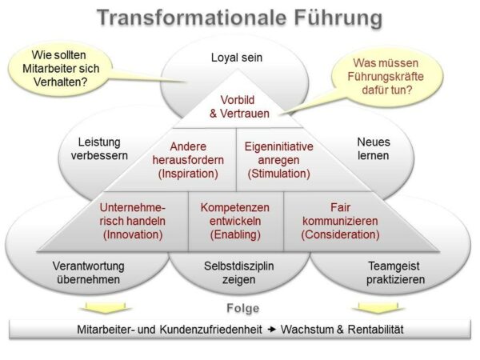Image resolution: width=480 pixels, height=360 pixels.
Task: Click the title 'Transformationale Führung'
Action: (x=240, y=18)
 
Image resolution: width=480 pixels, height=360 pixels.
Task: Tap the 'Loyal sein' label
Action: (x=237, y=58)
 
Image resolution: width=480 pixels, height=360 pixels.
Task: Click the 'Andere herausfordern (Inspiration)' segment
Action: (x=188, y=160)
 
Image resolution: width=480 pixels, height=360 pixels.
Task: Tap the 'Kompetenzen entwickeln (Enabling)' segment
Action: (x=235, y=221)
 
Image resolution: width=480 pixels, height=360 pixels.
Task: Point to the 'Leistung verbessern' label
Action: (x=99, y=149)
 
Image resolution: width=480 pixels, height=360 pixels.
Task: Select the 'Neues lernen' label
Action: (x=374, y=149)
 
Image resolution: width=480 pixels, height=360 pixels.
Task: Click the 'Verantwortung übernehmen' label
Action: (x=89, y=273)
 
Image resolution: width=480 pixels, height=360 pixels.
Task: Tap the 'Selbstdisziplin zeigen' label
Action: (x=238, y=273)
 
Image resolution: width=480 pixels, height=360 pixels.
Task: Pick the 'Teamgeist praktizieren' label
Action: (x=395, y=273)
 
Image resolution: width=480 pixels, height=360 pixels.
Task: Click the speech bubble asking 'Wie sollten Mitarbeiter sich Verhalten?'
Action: (x=61, y=69)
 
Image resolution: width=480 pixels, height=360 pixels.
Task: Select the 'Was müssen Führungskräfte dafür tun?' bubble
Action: (x=386, y=77)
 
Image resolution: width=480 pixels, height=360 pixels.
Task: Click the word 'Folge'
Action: (x=242, y=308)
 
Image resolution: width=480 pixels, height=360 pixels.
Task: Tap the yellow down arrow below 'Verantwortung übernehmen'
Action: (x=106, y=307)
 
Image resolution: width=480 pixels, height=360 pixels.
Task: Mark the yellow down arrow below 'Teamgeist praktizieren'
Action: (x=378, y=307)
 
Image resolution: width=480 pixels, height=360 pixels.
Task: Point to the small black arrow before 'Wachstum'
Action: (x=271, y=330)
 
